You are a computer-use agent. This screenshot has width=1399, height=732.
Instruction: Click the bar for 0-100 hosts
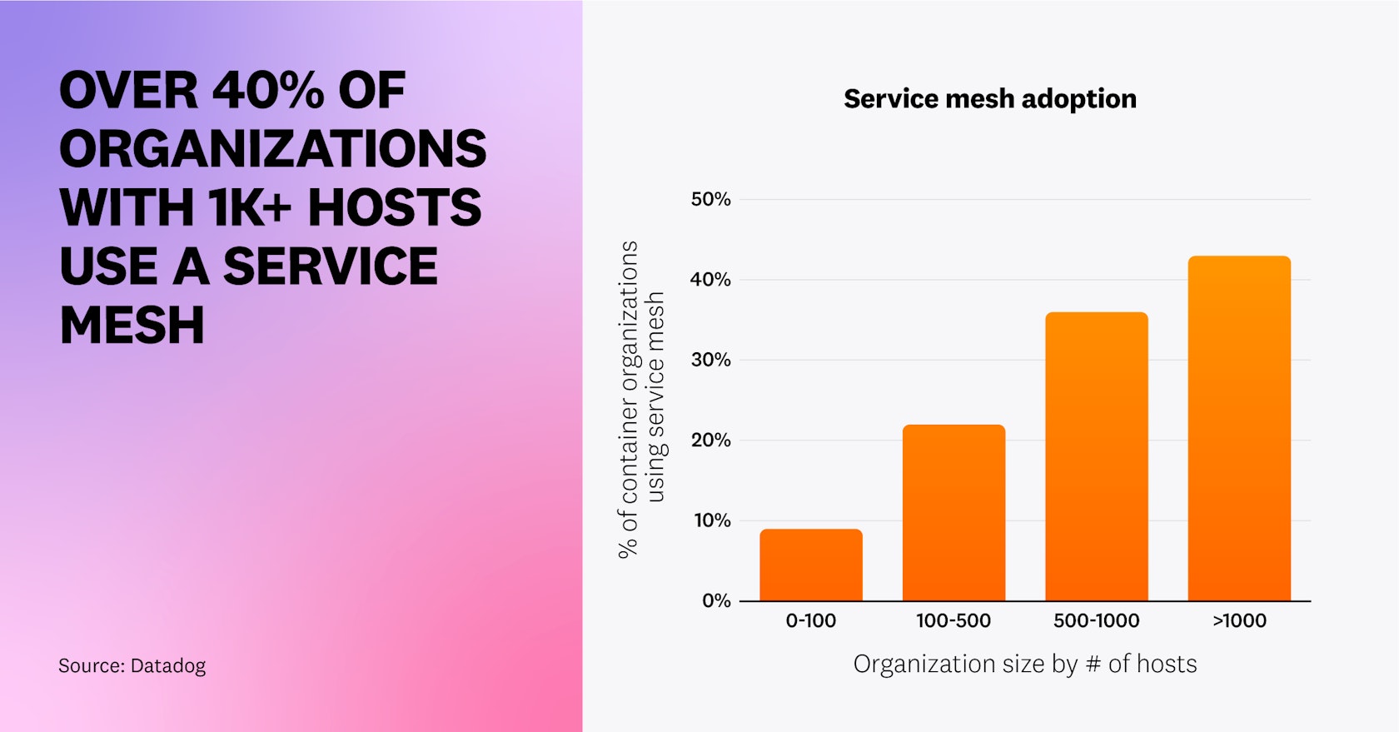[810, 565]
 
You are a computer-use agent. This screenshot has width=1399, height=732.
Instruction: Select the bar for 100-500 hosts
[953, 513]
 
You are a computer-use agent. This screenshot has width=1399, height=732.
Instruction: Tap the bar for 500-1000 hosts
[1096, 456]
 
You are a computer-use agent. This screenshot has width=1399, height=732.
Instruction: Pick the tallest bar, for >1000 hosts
[1239, 428]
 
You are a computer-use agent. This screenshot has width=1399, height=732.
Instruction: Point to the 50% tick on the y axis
[710, 199]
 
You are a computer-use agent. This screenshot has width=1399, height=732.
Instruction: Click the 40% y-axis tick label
[710, 280]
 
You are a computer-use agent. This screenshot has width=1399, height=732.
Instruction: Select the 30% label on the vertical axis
[710, 360]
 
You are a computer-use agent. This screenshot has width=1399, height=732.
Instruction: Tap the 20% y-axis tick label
[710, 440]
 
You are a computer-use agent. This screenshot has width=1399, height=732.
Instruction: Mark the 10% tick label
[712, 520]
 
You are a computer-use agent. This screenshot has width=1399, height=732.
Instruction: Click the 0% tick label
[715, 600]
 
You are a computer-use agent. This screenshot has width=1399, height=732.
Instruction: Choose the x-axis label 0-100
[810, 620]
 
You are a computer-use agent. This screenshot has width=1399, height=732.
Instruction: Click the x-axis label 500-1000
[1096, 620]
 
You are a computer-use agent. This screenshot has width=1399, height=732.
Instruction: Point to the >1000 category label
[1239, 620]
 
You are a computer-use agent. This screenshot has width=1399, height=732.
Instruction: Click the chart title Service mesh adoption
[989, 99]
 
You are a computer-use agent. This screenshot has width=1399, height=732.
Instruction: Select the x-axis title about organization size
[1024, 664]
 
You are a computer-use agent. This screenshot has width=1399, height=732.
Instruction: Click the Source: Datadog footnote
[132, 665]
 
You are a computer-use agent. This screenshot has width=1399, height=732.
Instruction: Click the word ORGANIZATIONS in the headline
[272, 149]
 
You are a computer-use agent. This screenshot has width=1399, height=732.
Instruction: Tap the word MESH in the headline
[132, 325]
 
